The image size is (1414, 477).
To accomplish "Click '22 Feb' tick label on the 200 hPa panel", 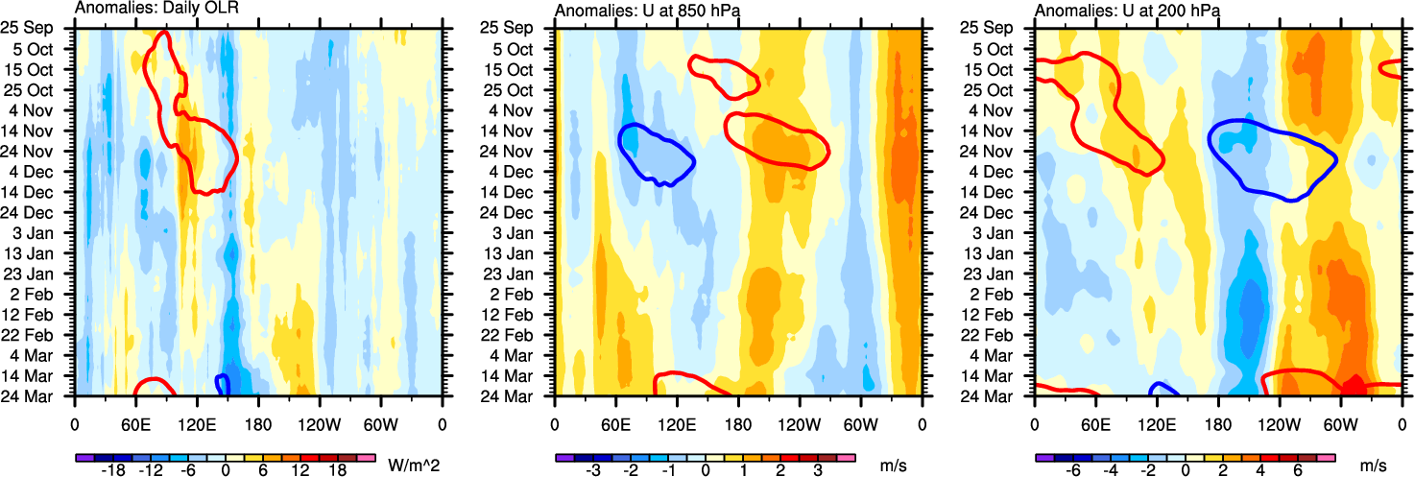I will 997,334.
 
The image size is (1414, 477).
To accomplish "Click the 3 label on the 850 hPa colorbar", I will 816,472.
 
